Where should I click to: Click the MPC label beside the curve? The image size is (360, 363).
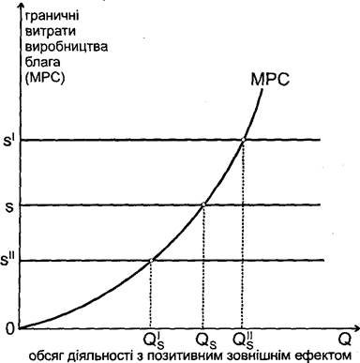click(x=270, y=80)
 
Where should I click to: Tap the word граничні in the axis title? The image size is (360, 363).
click(x=52, y=17)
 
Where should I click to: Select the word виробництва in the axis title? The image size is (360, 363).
click(x=66, y=47)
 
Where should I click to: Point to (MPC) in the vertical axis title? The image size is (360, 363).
click(x=45, y=78)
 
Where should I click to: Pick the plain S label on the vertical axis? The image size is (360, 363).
click(x=8, y=206)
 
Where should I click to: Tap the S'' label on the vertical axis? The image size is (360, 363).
click(x=8, y=260)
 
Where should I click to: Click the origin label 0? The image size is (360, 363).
click(x=10, y=329)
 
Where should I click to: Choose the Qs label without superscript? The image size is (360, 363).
click(x=205, y=340)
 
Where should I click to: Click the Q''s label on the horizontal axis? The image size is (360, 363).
click(x=245, y=341)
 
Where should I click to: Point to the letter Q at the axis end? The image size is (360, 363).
click(x=345, y=340)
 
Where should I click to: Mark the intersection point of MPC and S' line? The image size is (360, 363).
click(x=243, y=140)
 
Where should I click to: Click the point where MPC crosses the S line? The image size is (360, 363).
click(x=203, y=204)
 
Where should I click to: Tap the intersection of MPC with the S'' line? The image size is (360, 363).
click(x=151, y=260)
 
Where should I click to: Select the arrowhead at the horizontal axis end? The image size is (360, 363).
click(x=355, y=327)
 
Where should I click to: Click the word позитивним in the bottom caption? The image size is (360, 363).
click(x=183, y=355)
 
